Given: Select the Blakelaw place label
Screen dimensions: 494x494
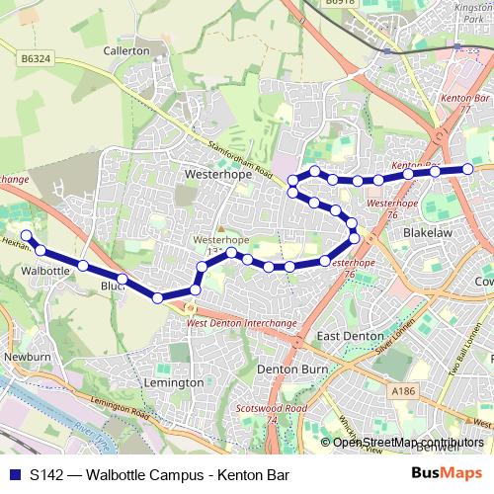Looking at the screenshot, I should coord(428,233).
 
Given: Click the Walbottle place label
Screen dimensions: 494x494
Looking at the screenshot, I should coord(44,270).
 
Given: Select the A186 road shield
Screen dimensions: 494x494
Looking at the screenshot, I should coord(402,392).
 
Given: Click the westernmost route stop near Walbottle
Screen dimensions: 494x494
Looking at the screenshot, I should coord(27,235).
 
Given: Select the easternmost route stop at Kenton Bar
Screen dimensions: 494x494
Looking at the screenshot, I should coord(468,169).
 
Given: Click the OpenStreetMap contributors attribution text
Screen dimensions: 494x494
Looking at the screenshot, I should coord(408,443).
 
